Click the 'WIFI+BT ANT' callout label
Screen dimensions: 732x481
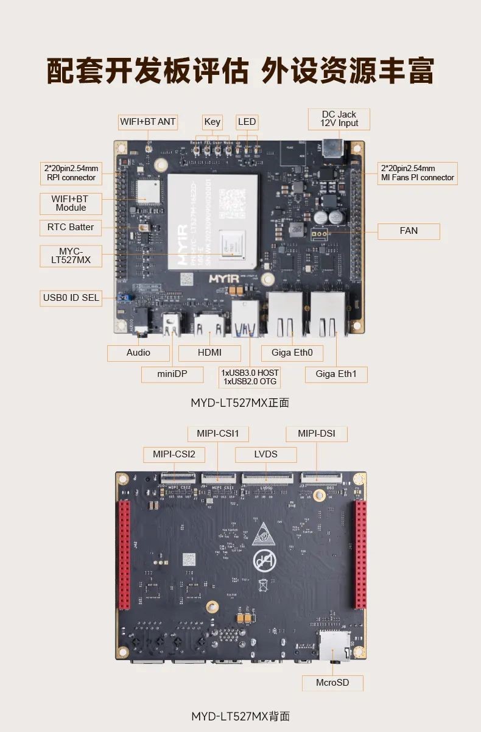pyautogui.click(x=148, y=122)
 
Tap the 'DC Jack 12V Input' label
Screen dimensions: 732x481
pyautogui.click(x=339, y=119)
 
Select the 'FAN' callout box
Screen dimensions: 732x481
pyautogui.click(x=409, y=231)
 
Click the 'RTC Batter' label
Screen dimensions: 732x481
pyautogui.click(x=71, y=227)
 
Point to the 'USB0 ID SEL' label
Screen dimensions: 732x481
pyautogui.click(x=71, y=298)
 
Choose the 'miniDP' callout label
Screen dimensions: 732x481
pyautogui.click(x=172, y=374)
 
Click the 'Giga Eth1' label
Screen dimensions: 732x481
pyautogui.click(x=336, y=374)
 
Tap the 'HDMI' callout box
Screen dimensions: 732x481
pyautogui.click(x=209, y=353)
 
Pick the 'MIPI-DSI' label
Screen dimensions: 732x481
pyautogui.click(x=317, y=434)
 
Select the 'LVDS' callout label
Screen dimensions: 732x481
pyautogui.click(x=265, y=454)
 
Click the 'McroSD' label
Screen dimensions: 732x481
pyautogui.click(x=332, y=683)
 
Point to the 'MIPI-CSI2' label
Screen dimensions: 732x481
pyautogui.click(x=174, y=454)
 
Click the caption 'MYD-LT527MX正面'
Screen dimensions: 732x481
pyautogui.click(x=240, y=403)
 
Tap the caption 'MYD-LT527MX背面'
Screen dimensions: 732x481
pyautogui.click(x=240, y=716)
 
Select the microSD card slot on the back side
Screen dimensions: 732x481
pyautogui.click(x=334, y=646)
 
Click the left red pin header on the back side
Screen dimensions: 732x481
pyautogui.click(x=125, y=554)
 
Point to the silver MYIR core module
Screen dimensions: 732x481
pyautogui.click(x=212, y=222)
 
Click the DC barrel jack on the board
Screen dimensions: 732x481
pyautogui.click(x=331, y=149)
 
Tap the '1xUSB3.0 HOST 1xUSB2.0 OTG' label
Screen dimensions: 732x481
pyautogui.click(x=250, y=377)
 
